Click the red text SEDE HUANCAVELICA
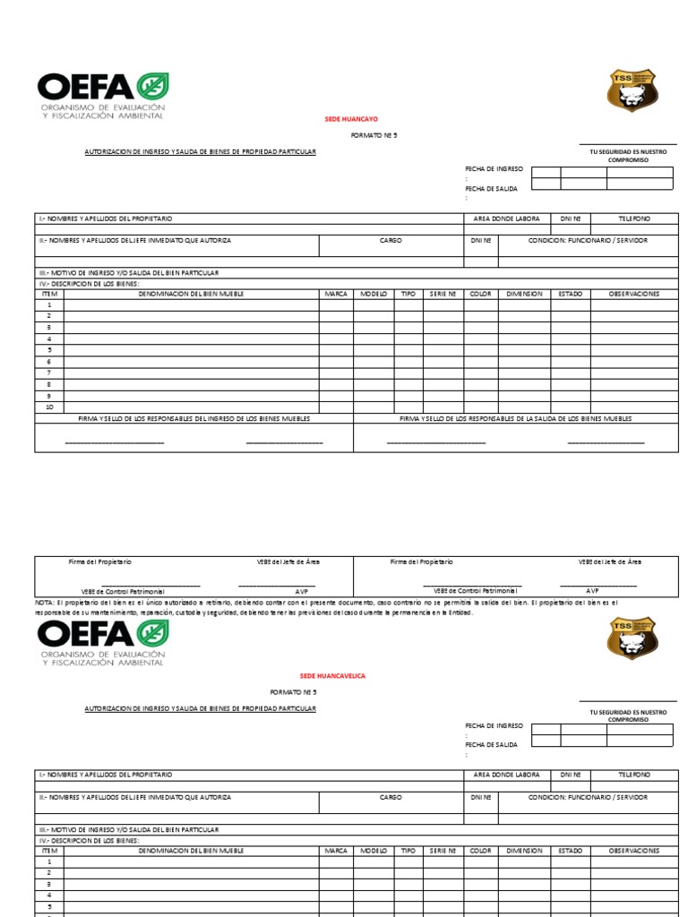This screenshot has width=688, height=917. (332, 676)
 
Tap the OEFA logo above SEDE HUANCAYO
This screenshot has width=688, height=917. (102, 95)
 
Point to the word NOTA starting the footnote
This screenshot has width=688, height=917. (46, 603)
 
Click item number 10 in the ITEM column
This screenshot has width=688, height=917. (49, 407)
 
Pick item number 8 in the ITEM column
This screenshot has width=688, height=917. (49, 384)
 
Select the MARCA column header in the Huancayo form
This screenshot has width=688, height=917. (336, 294)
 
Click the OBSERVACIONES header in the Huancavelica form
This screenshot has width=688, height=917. (634, 851)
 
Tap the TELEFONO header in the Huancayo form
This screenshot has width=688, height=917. (634, 219)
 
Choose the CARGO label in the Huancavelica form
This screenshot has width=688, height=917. (391, 797)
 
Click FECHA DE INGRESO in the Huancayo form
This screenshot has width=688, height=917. (494, 167)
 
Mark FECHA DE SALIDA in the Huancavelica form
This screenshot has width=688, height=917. (491, 744)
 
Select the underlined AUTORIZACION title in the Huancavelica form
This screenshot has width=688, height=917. (200, 708)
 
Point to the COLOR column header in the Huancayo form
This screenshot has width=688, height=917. (481, 294)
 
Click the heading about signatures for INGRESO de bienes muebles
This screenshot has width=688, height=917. (193, 418)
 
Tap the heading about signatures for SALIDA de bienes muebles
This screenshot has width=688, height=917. (515, 418)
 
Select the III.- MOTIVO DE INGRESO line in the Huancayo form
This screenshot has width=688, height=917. (128, 272)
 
